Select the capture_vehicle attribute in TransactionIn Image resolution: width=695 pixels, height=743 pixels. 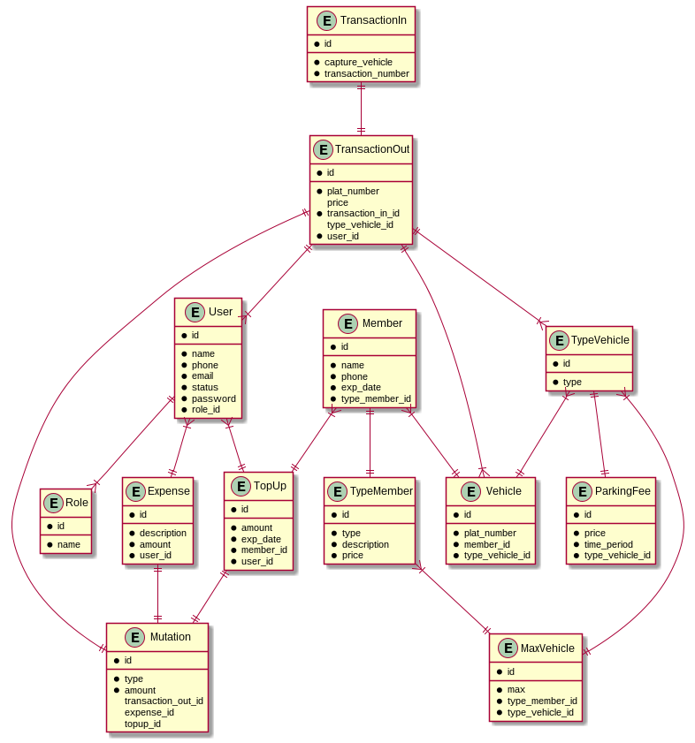[x=358, y=62]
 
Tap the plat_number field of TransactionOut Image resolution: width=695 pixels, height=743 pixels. [x=353, y=191]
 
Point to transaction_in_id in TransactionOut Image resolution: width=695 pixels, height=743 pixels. [x=363, y=213]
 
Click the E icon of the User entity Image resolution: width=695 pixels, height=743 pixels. [x=195, y=312]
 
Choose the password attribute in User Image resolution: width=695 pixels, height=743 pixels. [x=213, y=398]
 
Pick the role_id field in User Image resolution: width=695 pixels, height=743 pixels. [x=205, y=409]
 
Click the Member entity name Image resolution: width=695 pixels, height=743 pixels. [x=382, y=323]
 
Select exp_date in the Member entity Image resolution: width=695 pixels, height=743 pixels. [x=361, y=387]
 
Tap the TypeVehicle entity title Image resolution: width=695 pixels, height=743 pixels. [x=600, y=340]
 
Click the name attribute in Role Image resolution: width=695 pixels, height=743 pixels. [x=69, y=544]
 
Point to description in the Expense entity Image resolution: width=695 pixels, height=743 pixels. [x=163, y=533]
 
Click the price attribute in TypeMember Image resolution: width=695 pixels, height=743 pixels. [x=352, y=555]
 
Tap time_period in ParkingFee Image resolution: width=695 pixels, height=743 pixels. [x=608, y=544]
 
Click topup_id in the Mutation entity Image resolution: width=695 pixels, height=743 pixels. [x=142, y=724]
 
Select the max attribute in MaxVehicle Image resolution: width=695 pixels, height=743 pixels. [x=516, y=689]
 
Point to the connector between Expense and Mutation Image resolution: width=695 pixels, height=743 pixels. [x=157, y=594]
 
